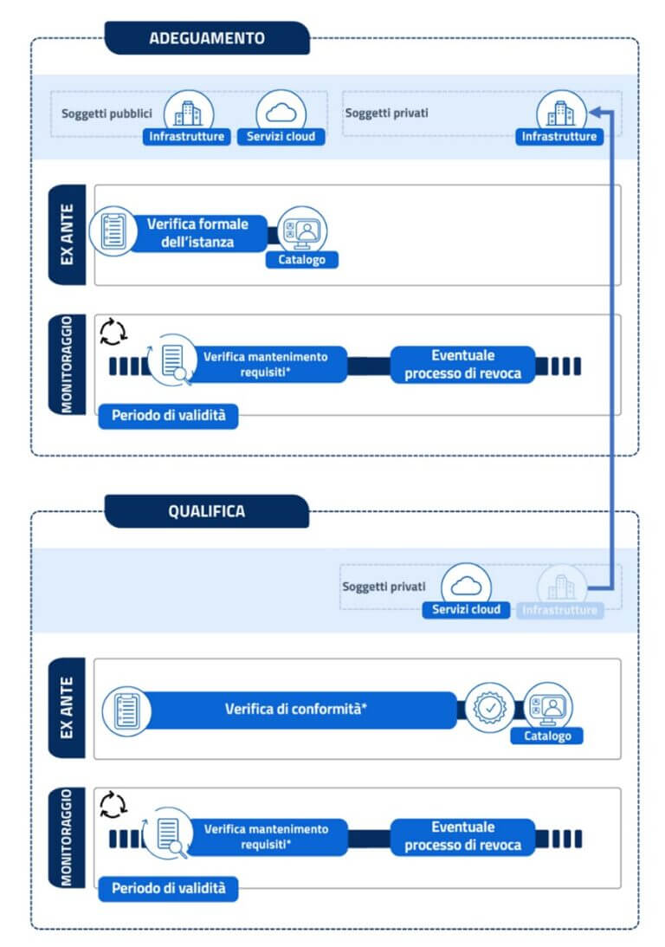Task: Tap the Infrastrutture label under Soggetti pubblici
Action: click(x=187, y=136)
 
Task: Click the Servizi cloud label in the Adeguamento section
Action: click(x=281, y=136)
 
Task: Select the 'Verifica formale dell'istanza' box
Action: click(x=197, y=233)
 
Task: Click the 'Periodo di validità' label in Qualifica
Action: click(x=168, y=888)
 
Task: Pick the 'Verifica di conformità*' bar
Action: click(x=296, y=709)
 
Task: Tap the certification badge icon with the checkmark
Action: click(x=489, y=708)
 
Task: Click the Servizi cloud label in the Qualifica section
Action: click(x=466, y=609)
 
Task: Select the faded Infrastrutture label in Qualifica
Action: click(x=560, y=610)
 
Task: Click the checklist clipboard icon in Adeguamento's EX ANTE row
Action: click(x=113, y=231)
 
